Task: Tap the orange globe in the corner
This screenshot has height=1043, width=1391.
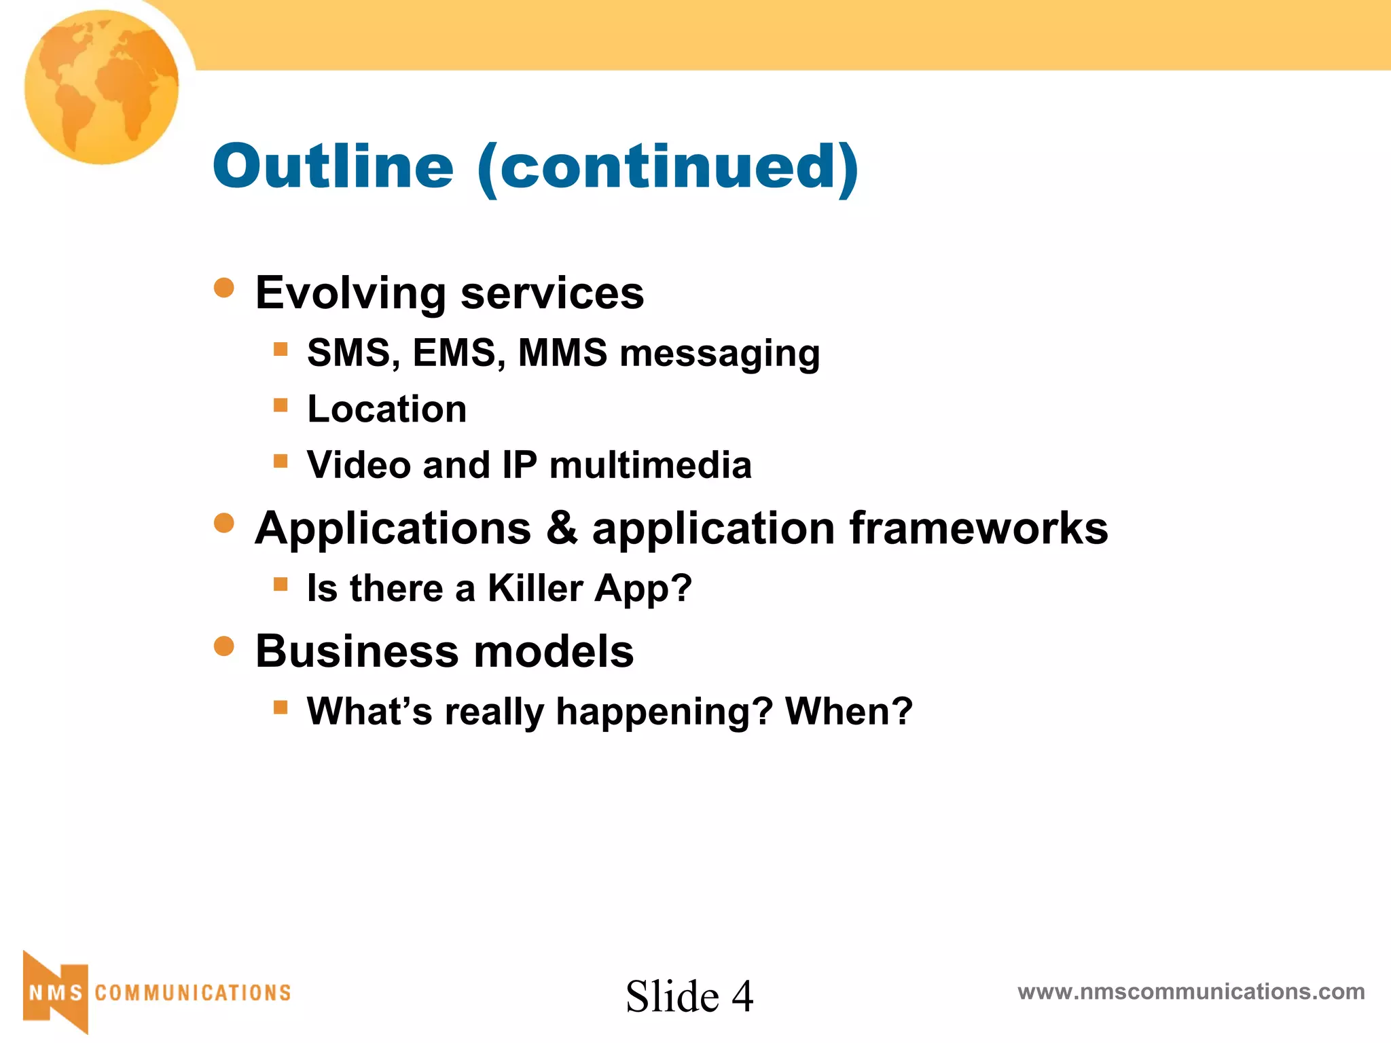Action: (x=102, y=87)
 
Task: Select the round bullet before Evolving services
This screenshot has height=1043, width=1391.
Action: (x=224, y=287)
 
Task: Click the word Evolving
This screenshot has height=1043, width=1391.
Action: (x=350, y=293)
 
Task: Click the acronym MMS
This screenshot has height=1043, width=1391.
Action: (x=562, y=353)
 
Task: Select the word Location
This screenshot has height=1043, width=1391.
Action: (x=387, y=409)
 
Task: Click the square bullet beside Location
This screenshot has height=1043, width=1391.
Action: (x=281, y=405)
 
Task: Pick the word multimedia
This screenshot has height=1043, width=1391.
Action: (x=650, y=466)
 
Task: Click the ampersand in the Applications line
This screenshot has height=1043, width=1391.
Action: (x=561, y=528)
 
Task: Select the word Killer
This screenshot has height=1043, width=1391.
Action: (x=535, y=588)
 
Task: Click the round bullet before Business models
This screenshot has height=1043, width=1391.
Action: (x=224, y=646)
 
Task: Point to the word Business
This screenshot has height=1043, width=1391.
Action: (x=357, y=652)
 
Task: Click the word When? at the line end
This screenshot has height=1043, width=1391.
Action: (x=849, y=712)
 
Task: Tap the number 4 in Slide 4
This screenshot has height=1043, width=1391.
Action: (x=742, y=997)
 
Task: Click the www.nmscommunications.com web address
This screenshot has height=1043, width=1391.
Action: (x=1191, y=992)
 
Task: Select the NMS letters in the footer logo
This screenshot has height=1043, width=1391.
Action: (x=56, y=993)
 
